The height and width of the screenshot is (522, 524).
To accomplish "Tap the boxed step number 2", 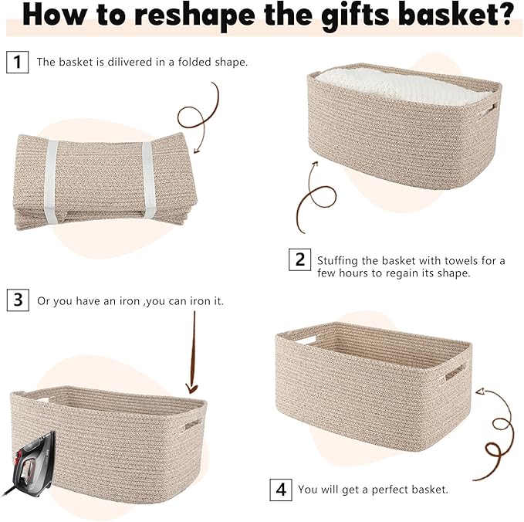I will (x=300, y=259).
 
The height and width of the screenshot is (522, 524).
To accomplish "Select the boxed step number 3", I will (x=16, y=300).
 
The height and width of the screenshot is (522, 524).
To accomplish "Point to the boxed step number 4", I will (x=281, y=489).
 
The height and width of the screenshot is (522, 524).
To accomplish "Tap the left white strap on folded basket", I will (x=52, y=179).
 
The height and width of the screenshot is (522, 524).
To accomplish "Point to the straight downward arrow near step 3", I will (x=192, y=355).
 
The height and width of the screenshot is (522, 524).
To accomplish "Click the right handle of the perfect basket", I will (x=455, y=371).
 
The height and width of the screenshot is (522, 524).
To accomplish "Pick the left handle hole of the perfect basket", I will (x=306, y=339).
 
